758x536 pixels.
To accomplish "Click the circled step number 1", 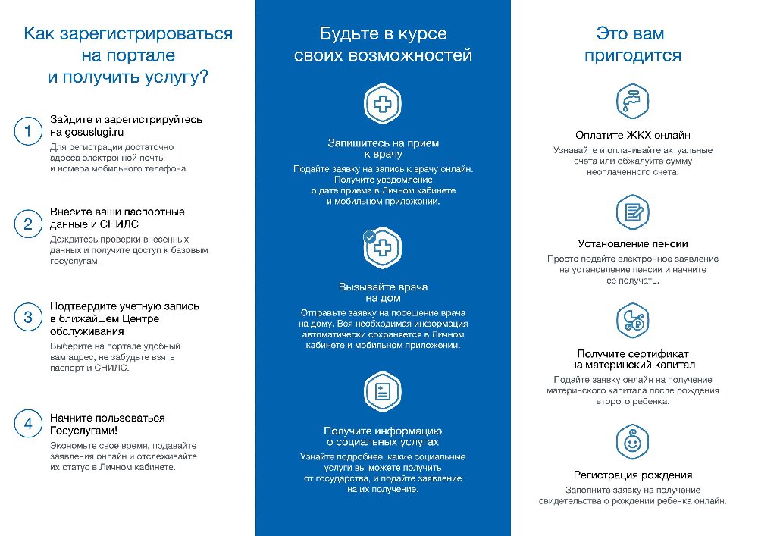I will [x=28, y=132].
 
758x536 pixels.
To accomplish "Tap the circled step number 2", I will [x=28, y=224].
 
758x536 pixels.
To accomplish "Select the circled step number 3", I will [x=28, y=318].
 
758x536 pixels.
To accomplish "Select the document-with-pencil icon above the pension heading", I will [x=632, y=212].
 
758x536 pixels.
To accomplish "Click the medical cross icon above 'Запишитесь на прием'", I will [x=383, y=104].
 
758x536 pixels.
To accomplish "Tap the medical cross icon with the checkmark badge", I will [x=383, y=249].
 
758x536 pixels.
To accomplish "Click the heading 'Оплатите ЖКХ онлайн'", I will [x=632, y=136].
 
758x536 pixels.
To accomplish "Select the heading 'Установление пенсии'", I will [x=632, y=244].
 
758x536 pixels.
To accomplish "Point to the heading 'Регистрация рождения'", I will [x=632, y=475].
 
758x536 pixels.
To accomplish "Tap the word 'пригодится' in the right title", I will [x=632, y=55].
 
